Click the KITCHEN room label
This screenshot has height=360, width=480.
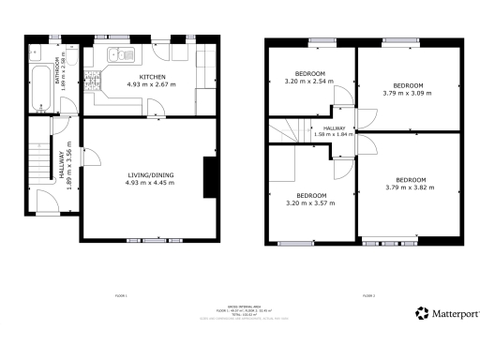coord(153,76)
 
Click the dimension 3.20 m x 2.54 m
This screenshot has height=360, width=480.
coord(309,82)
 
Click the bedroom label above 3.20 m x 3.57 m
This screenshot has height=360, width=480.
coord(309,194)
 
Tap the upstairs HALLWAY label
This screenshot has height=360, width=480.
coord(335,128)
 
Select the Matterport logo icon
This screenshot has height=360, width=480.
coord(423,312)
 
